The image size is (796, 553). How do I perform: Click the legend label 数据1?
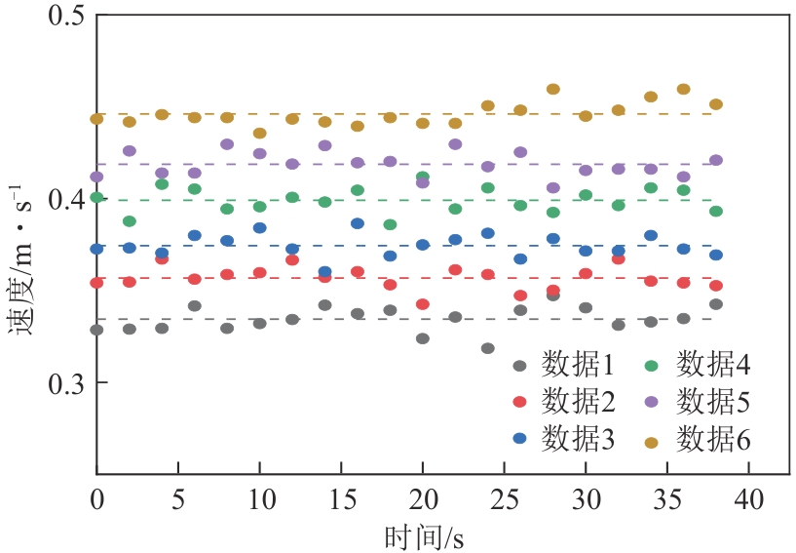[x=578, y=367]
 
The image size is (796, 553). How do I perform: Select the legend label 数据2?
[x=578, y=402]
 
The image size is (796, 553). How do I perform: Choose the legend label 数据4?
[x=714, y=367]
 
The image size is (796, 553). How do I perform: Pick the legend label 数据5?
[x=714, y=402]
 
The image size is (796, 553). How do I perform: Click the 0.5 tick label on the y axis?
[x=63, y=18]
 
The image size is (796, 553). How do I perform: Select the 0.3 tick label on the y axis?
[x=63, y=382]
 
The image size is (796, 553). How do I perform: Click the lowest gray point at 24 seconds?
[x=488, y=348]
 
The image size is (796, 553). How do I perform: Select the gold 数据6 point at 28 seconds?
[x=553, y=90]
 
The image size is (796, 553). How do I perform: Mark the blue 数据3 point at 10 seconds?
[x=260, y=228]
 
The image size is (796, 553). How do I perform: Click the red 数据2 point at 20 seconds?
[x=423, y=304]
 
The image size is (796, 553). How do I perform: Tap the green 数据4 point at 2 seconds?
[x=130, y=221]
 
